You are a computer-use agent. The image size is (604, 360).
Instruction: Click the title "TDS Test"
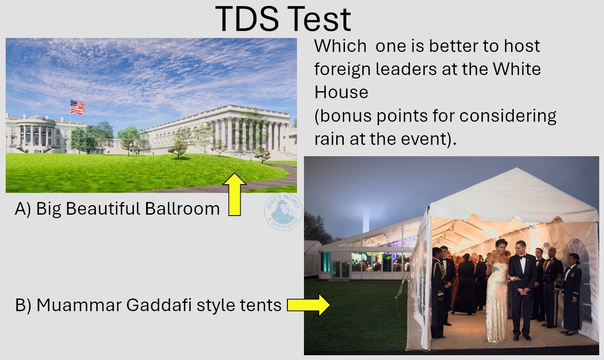click(x=283, y=19)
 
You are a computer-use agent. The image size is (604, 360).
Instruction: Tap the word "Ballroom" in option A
click(x=182, y=209)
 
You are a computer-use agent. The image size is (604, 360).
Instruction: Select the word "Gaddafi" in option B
click(x=159, y=305)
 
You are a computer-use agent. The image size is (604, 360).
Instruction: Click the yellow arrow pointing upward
click(x=234, y=194)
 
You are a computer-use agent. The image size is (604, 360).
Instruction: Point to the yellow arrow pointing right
click(x=308, y=305)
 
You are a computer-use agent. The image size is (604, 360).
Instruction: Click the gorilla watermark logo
click(x=283, y=212)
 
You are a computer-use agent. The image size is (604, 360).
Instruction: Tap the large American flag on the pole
click(x=78, y=107)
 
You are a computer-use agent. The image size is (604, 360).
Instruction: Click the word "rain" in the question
click(x=330, y=139)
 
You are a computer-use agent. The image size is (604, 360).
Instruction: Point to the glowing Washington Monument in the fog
click(x=365, y=220)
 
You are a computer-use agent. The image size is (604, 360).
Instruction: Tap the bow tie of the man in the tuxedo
click(x=522, y=257)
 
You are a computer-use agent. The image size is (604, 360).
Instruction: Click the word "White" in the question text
click(x=517, y=69)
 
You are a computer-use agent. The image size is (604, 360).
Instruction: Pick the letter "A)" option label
click(x=23, y=209)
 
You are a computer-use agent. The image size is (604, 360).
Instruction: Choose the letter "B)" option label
click(x=23, y=305)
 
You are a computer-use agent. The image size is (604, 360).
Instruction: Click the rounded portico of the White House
click(x=36, y=132)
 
